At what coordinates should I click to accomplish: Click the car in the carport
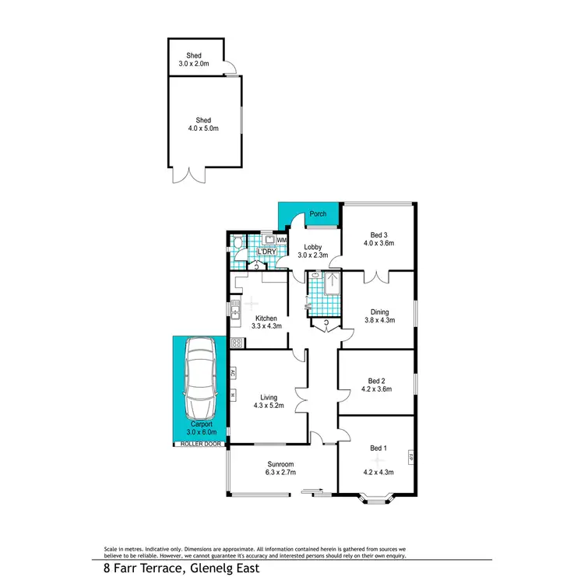tap(200, 378)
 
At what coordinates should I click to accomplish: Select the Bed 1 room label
tap(377, 449)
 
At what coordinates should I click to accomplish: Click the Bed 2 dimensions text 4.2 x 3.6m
tap(377, 392)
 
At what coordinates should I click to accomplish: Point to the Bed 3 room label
tap(378, 234)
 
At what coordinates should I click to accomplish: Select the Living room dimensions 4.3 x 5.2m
tap(267, 406)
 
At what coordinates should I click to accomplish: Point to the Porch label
tap(318, 214)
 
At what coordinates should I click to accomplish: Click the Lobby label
tap(312, 247)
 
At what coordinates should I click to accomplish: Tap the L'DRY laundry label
tap(267, 252)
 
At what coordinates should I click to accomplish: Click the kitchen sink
tap(234, 312)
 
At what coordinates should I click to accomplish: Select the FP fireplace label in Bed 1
tap(410, 456)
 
